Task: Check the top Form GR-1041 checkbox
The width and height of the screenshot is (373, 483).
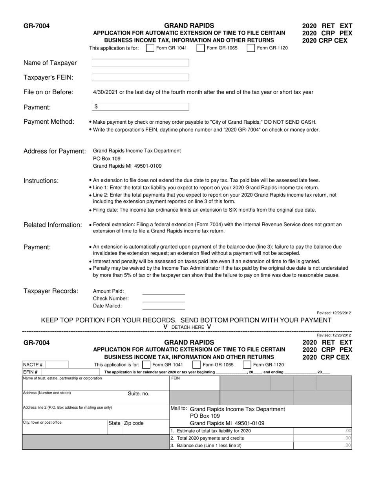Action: [x=150, y=48]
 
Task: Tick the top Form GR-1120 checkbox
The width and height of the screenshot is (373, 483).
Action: [x=251, y=48]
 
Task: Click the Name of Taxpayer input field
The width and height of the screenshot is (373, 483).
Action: [x=140, y=63]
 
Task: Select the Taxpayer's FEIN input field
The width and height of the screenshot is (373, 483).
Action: [x=140, y=78]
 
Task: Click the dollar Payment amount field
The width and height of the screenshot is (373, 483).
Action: [x=140, y=107]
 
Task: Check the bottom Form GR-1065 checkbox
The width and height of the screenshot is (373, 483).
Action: [x=197, y=365]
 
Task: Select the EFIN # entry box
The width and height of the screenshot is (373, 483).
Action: [x=44, y=372]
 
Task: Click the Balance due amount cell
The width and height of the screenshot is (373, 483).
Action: [x=322, y=446]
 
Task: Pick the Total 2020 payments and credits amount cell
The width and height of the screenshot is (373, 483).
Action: [x=322, y=438]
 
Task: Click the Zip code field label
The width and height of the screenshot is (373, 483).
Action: [x=134, y=423]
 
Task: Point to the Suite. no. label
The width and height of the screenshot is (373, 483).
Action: [x=139, y=394]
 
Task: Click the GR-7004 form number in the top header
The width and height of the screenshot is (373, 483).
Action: [x=37, y=26]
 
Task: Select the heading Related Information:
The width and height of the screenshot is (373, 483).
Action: [x=53, y=225]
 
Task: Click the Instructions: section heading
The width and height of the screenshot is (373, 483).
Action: [x=41, y=181]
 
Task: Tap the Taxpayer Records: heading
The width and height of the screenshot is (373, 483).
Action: [x=51, y=291]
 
